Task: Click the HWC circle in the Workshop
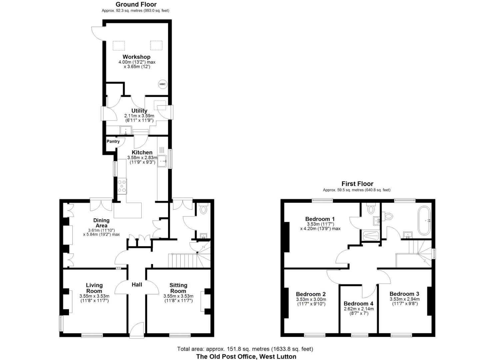tap(162, 84)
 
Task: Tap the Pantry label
tap(113, 141)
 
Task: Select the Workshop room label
tap(136, 57)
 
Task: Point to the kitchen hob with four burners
tap(122, 186)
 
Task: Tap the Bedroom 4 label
tap(358, 304)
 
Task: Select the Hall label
tap(137, 284)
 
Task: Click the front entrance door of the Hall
tap(137, 330)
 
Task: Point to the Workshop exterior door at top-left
tap(98, 33)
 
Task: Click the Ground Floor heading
tap(136, 4)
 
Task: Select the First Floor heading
tap(357, 184)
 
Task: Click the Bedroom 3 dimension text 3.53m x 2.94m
tap(404, 299)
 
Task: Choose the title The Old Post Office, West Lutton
tap(246, 356)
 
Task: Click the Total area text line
tap(245, 349)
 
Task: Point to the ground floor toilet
tap(203, 209)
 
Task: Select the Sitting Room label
tap(178, 288)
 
